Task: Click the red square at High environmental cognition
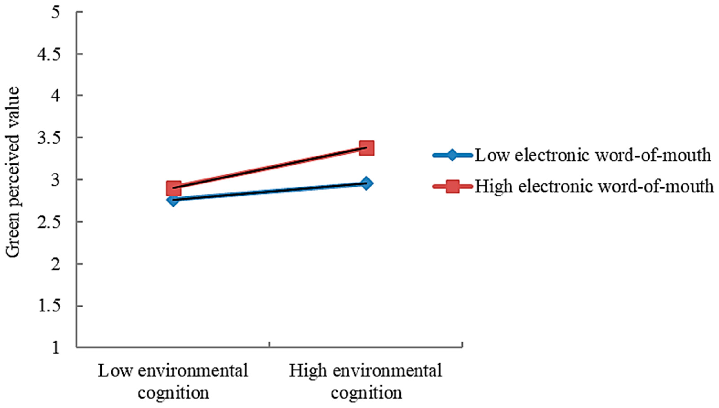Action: [366, 148]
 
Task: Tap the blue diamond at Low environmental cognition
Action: [174, 200]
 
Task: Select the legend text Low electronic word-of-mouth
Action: [593, 155]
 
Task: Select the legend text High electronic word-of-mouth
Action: [594, 186]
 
